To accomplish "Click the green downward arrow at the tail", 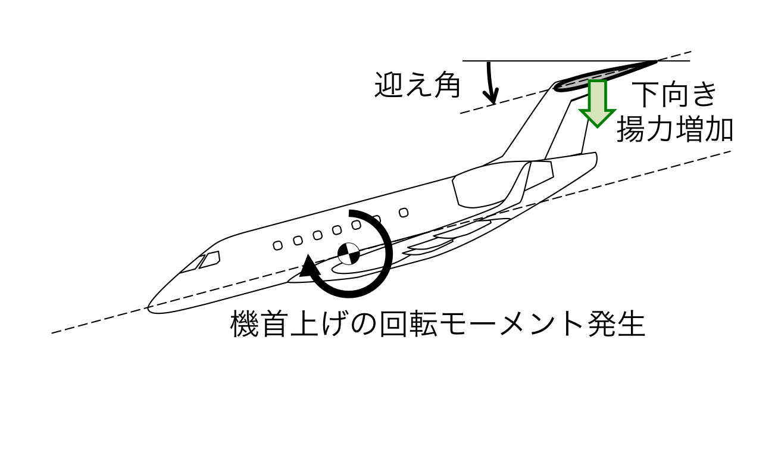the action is [598, 104].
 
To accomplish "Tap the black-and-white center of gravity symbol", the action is [348, 254].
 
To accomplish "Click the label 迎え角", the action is [418, 85].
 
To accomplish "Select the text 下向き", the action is [674, 95].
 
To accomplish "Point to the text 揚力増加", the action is [675, 129].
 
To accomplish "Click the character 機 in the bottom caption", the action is [244, 324].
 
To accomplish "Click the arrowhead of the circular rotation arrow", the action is [308, 266].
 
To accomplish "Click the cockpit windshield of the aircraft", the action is [191, 264].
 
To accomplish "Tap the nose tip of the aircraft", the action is [149, 307].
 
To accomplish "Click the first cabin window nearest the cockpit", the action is [277, 245].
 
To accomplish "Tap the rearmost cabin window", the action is [404, 213].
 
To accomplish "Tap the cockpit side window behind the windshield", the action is [210, 259].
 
